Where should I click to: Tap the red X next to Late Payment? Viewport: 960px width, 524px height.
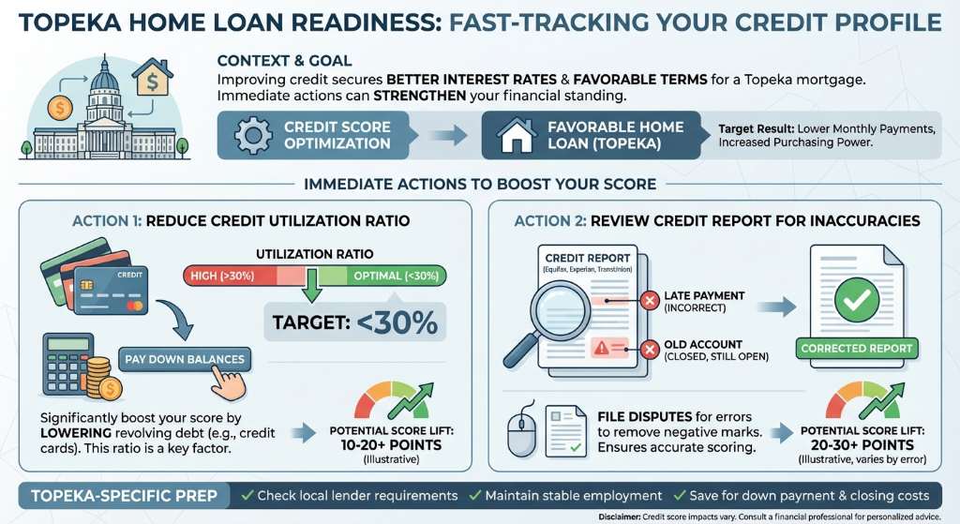coord(647,300)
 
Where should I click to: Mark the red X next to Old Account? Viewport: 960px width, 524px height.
coord(647,351)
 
